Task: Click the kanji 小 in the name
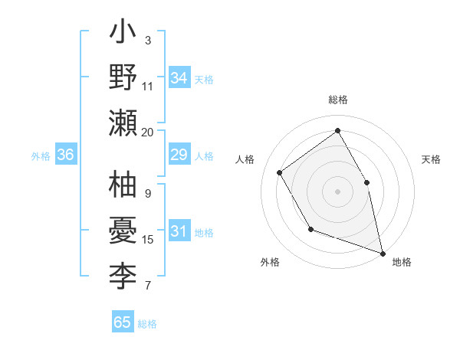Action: (123, 35)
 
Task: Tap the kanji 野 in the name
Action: (123, 78)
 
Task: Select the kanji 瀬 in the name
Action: (123, 123)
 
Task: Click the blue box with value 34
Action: (179, 78)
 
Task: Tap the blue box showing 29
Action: (179, 155)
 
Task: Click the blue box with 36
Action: (66, 155)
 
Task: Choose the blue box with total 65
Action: (123, 322)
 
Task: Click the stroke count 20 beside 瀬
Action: (148, 132)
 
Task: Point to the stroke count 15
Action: (148, 240)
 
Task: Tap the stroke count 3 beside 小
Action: (148, 40)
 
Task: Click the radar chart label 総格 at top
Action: (337, 100)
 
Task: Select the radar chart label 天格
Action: (431, 159)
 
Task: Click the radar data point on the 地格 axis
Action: (382, 252)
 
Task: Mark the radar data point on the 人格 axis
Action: (280, 172)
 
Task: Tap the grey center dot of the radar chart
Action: (337, 191)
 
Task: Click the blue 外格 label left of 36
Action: (41, 156)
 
